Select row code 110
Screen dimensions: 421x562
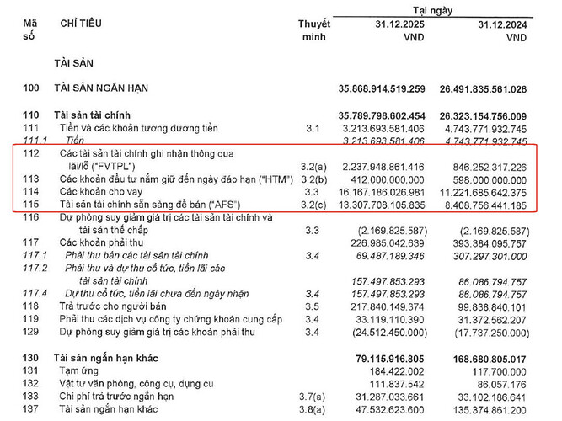pos(31,115)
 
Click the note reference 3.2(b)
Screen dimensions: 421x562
pos(315,179)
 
